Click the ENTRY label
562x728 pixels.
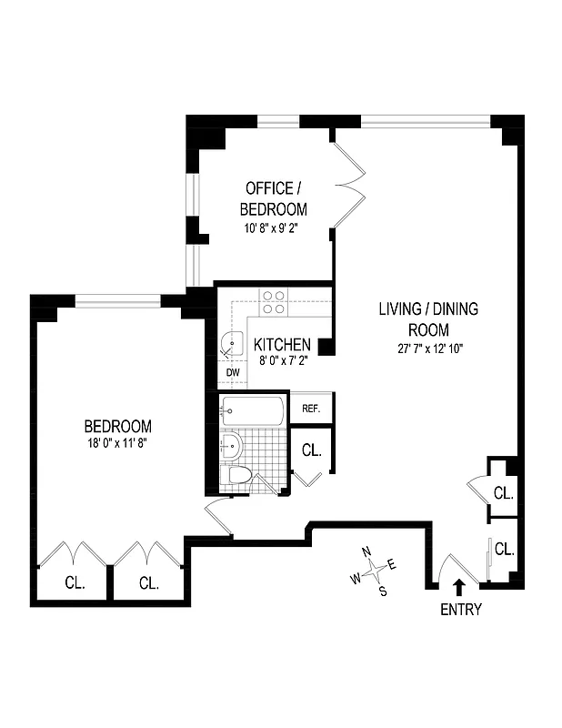tap(460, 610)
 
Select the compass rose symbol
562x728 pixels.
tap(374, 571)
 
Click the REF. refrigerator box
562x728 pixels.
tap(311, 409)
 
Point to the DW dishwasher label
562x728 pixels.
tap(232, 372)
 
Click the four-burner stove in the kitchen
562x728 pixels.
tap(274, 302)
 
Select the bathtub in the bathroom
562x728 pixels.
tap(254, 410)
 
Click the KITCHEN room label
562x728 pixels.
tap(282, 346)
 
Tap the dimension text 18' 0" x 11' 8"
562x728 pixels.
tap(117, 443)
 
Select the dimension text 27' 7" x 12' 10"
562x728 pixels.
tap(428, 348)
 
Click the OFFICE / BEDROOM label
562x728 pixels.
tap(273, 198)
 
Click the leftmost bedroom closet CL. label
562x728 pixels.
tap(75, 582)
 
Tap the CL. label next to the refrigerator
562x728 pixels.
tap(311, 450)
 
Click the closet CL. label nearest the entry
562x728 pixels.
tap(504, 550)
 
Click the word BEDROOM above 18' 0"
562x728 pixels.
tap(117, 426)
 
